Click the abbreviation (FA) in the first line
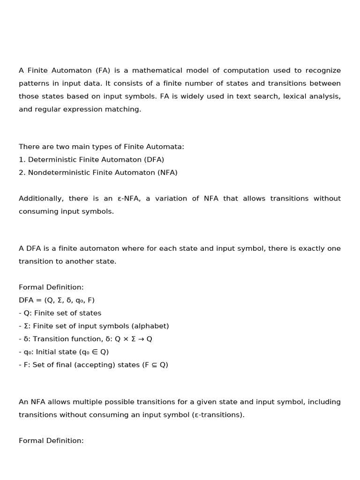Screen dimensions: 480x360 tap(103, 71)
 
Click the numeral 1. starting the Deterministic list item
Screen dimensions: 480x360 tap(22, 160)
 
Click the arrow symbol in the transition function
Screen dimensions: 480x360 tap(140, 339)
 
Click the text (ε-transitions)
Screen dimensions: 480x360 tap(218, 415)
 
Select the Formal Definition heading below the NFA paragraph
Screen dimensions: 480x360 tap(51, 441)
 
